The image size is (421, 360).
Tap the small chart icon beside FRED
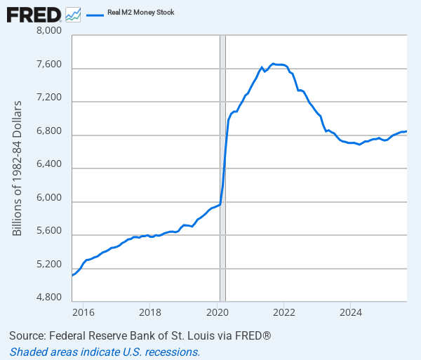click(73, 13)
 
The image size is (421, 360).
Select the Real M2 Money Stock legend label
click(141, 13)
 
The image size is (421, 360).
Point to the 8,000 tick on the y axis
click(48, 32)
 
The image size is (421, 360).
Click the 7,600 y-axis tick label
click(48, 65)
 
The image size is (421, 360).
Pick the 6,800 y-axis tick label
click(48, 132)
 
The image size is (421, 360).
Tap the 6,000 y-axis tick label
click(48, 199)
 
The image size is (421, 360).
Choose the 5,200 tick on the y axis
click(48, 265)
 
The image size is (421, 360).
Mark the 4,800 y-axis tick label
click(48, 298)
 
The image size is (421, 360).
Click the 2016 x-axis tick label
click(83, 312)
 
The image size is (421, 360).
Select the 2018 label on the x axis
click(149, 312)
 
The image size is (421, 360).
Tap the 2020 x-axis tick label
click(217, 312)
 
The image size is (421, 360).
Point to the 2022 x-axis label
click(284, 312)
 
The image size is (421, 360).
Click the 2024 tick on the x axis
click(351, 312)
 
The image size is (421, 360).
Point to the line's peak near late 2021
click(273, 64)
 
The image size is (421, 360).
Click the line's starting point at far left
click(72, 275)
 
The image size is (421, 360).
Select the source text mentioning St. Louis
click(140, 336)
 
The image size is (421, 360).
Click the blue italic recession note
click(105, 352)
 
